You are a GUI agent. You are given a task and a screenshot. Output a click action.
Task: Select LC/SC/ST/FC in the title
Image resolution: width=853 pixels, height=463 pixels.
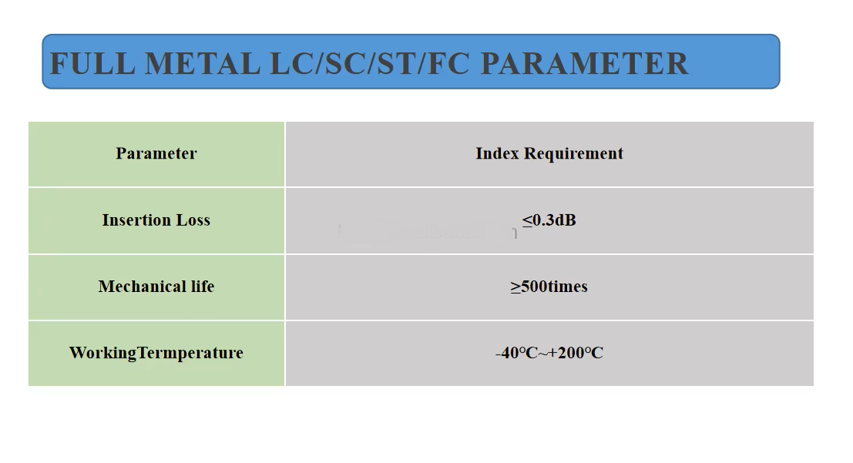coord(370,63)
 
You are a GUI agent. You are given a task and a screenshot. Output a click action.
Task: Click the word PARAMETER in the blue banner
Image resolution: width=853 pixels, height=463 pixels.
coord(584,63)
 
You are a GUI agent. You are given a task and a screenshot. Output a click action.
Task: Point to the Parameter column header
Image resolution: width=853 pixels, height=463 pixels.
coord(156,153)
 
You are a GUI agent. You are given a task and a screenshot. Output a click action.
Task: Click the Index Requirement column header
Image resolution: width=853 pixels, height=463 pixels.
coord(549,153)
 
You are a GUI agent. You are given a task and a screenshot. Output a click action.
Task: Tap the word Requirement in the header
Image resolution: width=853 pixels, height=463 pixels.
coord(574,153)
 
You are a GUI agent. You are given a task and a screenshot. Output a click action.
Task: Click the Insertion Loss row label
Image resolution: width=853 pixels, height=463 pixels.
coord(156,220)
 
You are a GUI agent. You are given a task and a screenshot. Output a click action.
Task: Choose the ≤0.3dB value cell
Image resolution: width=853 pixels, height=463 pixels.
coord(549,220)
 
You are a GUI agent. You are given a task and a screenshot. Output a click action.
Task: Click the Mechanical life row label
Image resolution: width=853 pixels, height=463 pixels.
coord(156,287)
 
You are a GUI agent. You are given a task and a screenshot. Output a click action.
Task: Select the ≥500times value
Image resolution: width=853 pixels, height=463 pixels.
coord(549,287)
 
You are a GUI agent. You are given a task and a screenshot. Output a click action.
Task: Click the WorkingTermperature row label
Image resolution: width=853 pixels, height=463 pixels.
coord(156,353)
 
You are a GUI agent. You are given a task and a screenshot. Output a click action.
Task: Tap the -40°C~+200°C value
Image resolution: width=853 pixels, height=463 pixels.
coord(549,354)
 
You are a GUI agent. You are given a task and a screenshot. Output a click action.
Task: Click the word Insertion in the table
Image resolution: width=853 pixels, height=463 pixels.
coord(136,220)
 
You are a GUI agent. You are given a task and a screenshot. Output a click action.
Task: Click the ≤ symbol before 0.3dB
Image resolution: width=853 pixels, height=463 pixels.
coord(527,221)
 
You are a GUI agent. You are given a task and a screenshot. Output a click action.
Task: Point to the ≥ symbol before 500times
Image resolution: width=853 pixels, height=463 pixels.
coord(515,287)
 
